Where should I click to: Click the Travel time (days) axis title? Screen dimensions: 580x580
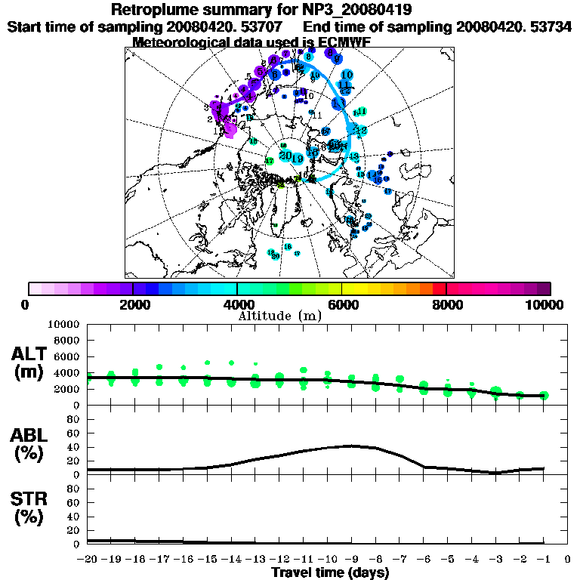point(330,573)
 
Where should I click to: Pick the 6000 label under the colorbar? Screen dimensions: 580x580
point(341,304)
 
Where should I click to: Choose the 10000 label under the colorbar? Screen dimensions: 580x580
point(546,304)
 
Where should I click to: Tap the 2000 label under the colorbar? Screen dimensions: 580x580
point(133,304)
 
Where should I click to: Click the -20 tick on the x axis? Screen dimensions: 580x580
point(88,560)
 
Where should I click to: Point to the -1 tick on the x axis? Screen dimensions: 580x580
point(544,560)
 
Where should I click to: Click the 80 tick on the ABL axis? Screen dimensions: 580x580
point(75,418)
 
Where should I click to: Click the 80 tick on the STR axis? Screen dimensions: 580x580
point(75,488)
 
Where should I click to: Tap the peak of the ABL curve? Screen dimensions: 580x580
point(350,446)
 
